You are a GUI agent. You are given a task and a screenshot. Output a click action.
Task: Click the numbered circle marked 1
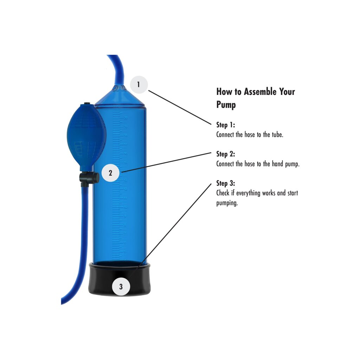coord(139,84)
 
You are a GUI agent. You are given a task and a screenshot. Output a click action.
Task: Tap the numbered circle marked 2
coord(110,173)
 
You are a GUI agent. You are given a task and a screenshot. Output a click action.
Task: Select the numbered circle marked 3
coord(121,287)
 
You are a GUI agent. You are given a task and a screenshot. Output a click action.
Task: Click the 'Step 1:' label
coord(226,125)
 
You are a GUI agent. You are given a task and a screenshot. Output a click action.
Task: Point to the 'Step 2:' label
coord(226,154)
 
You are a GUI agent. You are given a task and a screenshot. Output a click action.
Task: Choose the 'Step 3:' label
coord(226,183)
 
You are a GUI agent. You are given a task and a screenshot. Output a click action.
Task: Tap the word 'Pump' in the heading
coord(226,105)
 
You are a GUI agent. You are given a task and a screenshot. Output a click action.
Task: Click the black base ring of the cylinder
coord(120,278)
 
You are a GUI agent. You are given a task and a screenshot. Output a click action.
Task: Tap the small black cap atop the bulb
coord(87,104)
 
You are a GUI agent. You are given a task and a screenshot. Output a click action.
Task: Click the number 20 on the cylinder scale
coord(126,117)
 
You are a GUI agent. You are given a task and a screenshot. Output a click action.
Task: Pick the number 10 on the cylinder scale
coord(126,207)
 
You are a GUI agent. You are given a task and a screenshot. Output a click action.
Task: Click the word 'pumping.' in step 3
coord(227,203)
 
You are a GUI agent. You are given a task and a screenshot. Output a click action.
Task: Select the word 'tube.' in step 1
coord(278,135)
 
